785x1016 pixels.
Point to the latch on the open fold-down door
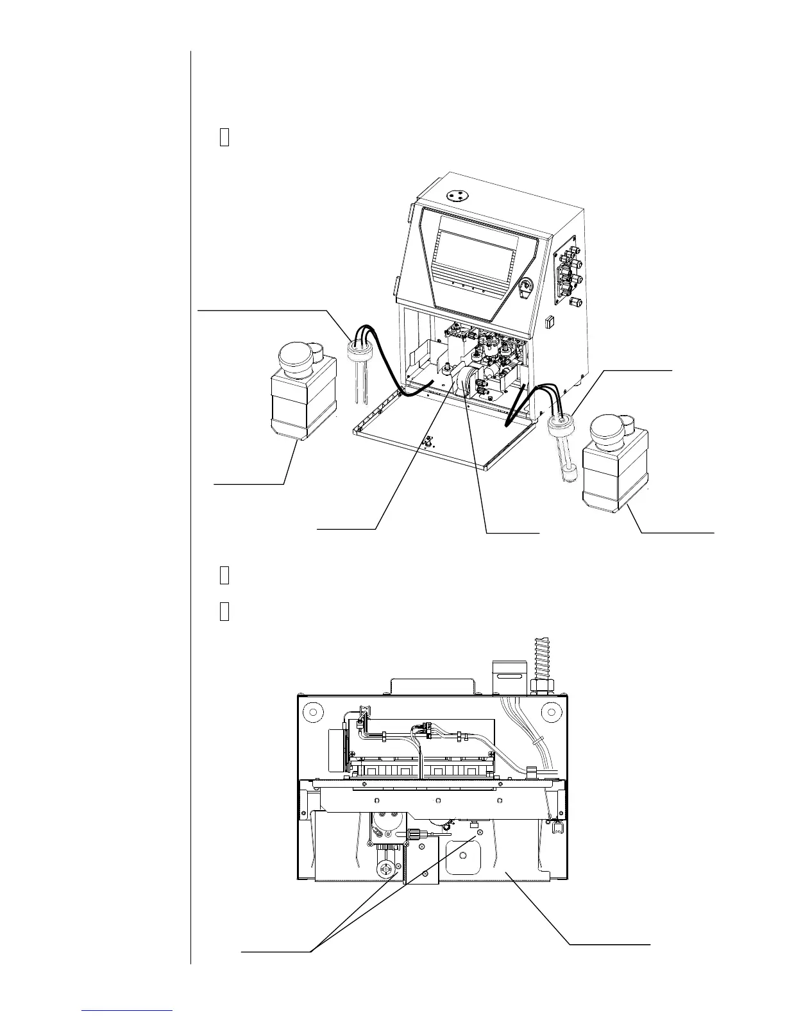[426, 442]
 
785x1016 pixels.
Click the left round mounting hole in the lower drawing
[312, 712]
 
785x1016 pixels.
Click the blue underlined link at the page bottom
[128, 1012]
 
